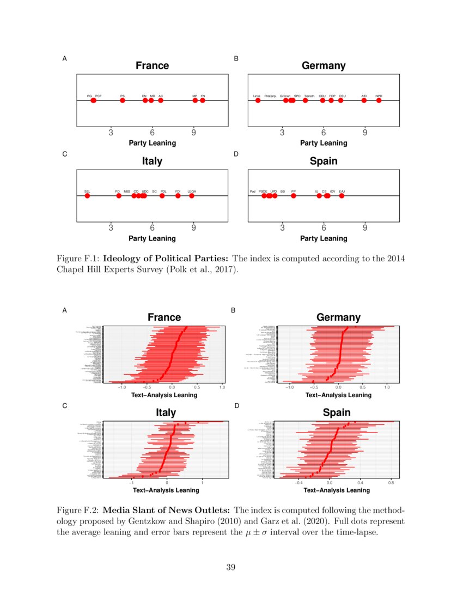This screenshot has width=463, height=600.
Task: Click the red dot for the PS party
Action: coord(123,100)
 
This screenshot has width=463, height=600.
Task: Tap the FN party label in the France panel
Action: coord(203,95)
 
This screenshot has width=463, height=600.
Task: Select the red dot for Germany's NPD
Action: coord(379,100)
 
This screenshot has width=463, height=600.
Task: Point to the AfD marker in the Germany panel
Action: coord(364,100)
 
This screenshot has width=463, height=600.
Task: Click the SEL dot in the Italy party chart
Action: coord(87,196)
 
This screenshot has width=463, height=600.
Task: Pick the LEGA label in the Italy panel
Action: coord(192,191)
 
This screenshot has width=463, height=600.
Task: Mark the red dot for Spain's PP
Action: coord(294,196)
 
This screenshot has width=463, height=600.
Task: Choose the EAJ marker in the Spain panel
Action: coord(342,196)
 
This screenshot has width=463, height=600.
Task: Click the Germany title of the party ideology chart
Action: coord(324,66)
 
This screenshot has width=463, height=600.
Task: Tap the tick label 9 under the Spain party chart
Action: coord(365,228)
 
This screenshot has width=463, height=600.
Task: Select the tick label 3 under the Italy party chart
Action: coord(111,228)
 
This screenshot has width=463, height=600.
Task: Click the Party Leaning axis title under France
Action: coord(152,143)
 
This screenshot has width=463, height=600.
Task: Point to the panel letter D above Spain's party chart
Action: coord(236,154)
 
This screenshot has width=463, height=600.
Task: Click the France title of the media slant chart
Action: coord(164,317)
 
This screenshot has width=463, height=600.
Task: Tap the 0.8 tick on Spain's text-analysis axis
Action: coord(391,483)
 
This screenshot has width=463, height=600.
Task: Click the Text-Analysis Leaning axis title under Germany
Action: coord(338,395)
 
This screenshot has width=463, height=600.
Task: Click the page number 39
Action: coord(231,568)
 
